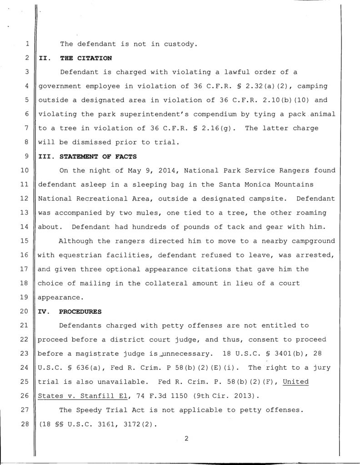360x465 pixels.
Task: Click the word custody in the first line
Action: pyautogui.click(x=182, y=45)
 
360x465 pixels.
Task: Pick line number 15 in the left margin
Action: pyautogui.click(x=25, y=241)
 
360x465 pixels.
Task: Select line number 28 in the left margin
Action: pyautogui.click(x=25, y=424)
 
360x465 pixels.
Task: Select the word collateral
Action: pyautogui.click(x=171, y=283)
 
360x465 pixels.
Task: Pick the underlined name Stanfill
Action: pyautogui.click(x=90, y=396)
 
